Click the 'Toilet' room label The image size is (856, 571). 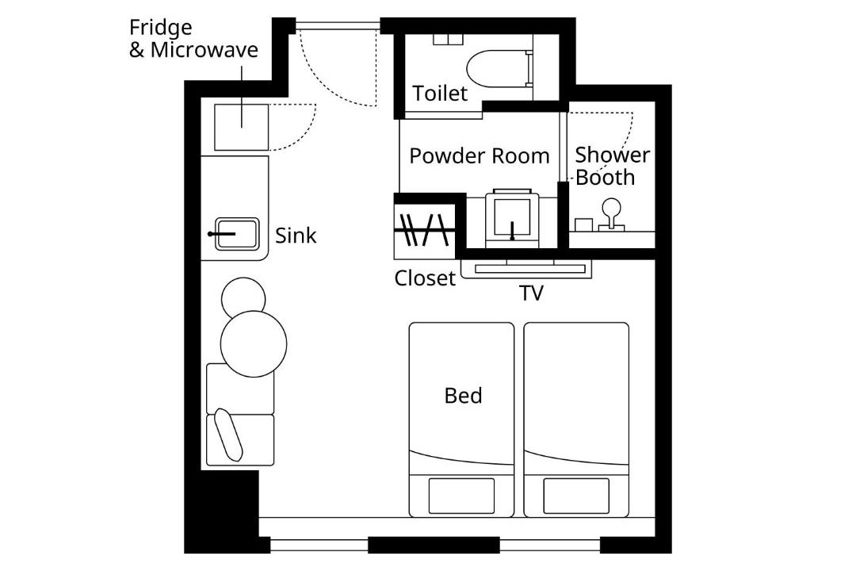pos(439,94)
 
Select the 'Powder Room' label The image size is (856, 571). pos(479,156)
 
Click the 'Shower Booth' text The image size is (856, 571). pos(612,166)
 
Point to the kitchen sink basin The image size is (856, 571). pos(237,234)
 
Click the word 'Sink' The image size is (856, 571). pos(296,236)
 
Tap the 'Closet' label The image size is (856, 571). pos(425,278)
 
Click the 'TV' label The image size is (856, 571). pos(531,293)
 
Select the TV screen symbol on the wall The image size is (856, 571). pos(527,269)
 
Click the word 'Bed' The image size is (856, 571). pos(463,396)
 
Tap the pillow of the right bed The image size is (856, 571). pos(576,496)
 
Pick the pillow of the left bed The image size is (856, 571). pos(461,496)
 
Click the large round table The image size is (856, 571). pos(254,343)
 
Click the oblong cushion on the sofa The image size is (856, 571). pos(229,435)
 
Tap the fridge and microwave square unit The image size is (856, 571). pos(241,127)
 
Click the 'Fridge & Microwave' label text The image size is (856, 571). pos(193,39)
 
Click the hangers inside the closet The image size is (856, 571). pos(425,229)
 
